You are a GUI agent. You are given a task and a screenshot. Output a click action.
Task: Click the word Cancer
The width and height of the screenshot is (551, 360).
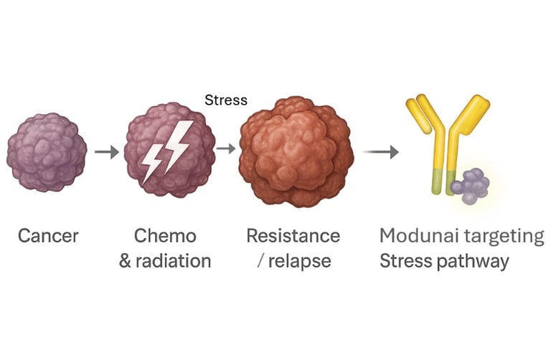(48, 236)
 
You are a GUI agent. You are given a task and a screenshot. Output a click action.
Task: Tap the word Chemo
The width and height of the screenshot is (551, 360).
(165, 236)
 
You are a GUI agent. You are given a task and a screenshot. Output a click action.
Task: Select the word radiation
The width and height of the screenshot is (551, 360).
(174, 260)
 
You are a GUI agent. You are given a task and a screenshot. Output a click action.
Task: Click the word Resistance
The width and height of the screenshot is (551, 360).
(293, 236)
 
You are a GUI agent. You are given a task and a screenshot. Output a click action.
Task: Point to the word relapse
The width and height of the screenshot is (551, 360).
(300, 260)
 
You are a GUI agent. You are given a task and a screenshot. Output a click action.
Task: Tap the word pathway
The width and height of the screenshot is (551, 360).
(474, 261)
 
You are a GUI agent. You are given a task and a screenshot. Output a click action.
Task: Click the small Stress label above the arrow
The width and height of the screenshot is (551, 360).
(226, 100)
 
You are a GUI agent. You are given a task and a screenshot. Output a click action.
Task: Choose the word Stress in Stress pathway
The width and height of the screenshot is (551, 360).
(405, 260)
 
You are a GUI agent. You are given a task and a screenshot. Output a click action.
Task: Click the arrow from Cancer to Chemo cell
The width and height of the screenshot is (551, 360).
(107, 152)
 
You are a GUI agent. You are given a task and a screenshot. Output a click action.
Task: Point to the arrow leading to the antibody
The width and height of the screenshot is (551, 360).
(380, 152)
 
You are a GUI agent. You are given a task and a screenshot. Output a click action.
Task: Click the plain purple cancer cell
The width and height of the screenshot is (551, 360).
(47, 151)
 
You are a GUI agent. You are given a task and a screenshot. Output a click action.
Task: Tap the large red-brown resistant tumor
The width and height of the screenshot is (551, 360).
(296, 153)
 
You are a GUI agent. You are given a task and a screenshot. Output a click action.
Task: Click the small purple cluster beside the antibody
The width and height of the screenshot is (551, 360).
(469, 185)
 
